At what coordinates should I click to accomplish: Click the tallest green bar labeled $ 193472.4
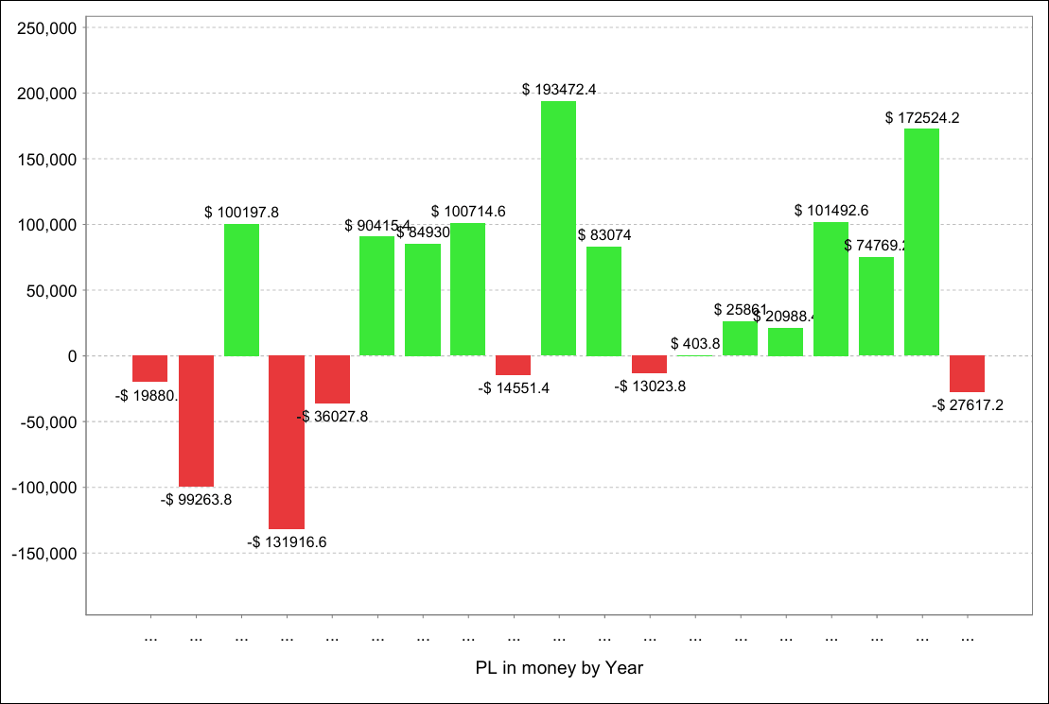pos(558,228)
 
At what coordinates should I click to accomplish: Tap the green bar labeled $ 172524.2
pos(921,242)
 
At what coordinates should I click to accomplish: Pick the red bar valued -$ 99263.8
pos(196,421)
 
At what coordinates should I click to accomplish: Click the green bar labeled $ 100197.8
pos(241,289)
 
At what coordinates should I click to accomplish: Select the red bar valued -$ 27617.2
pos(967,373)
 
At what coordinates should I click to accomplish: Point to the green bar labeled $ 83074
pos(603,300)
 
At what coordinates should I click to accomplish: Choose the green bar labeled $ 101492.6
pos(830,288)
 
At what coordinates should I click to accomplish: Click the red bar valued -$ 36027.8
pos(332,379)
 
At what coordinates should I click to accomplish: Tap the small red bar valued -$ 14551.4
pos(513,365)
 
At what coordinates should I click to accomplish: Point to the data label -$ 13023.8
pos(650,386)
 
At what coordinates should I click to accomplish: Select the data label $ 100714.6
pos(468,211)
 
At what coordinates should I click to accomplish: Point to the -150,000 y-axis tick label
pos(44,553)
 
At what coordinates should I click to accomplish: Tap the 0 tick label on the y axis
pos(71,356)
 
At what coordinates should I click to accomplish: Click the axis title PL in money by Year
pos(559,668)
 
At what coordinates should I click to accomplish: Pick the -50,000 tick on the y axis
pos(47,421)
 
